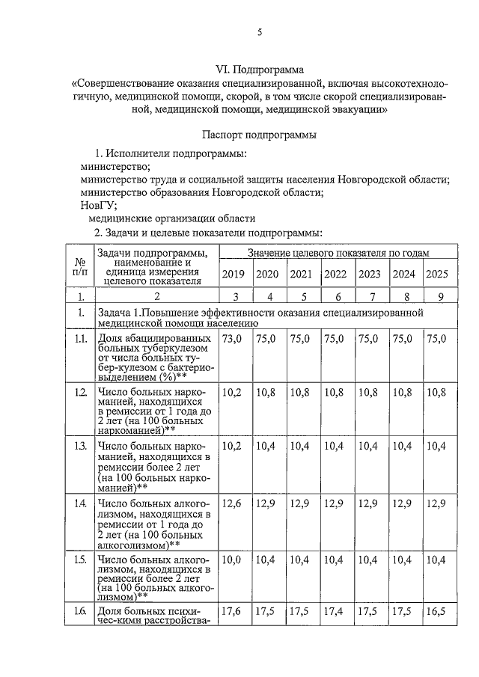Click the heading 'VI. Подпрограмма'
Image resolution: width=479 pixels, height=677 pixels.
[259, 70]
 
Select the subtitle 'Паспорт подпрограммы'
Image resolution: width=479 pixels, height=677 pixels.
[259, 135]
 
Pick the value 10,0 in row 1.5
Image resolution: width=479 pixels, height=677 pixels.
[233, 560]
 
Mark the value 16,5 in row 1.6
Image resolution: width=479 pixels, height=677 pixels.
[436, 611]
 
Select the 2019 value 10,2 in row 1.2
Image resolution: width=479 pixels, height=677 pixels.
[233, 392]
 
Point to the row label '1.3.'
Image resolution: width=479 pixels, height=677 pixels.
[79, 447]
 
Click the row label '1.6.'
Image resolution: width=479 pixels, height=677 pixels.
[79, 611]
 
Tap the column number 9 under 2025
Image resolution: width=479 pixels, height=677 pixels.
[440, 297]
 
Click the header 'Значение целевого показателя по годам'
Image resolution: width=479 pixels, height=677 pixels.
[338, 254]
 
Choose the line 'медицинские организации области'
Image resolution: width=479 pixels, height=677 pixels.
[171, 219]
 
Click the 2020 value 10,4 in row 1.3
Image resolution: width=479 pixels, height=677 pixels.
[266, 446]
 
